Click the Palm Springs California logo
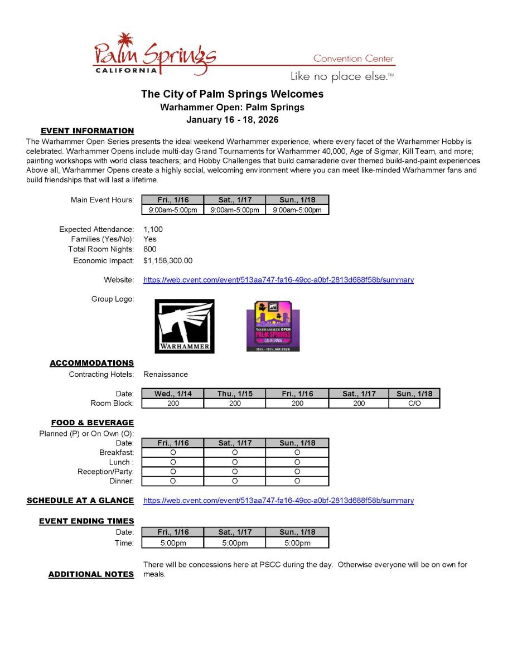[154, 56]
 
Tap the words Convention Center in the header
[353, 59]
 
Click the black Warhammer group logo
[184, 326]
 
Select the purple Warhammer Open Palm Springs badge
[273, 326]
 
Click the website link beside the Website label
[278, 280]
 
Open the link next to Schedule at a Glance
[278, 501]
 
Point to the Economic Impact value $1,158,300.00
[167, 260]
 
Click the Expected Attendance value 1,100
[153, 229]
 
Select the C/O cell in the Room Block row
[414, 403]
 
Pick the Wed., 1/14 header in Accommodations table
[173, 394]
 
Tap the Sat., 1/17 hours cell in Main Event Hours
[235, 210]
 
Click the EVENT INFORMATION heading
[87, 131]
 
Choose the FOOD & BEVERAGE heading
[92, 423]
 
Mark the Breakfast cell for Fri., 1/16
[173, 453]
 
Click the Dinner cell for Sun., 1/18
[297, 481]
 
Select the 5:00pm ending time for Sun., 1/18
[297, 542]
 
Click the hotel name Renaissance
[166, 374]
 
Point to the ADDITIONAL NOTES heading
[91, 574]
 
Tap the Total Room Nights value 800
[150, 249]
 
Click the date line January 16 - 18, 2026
[232, 119]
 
